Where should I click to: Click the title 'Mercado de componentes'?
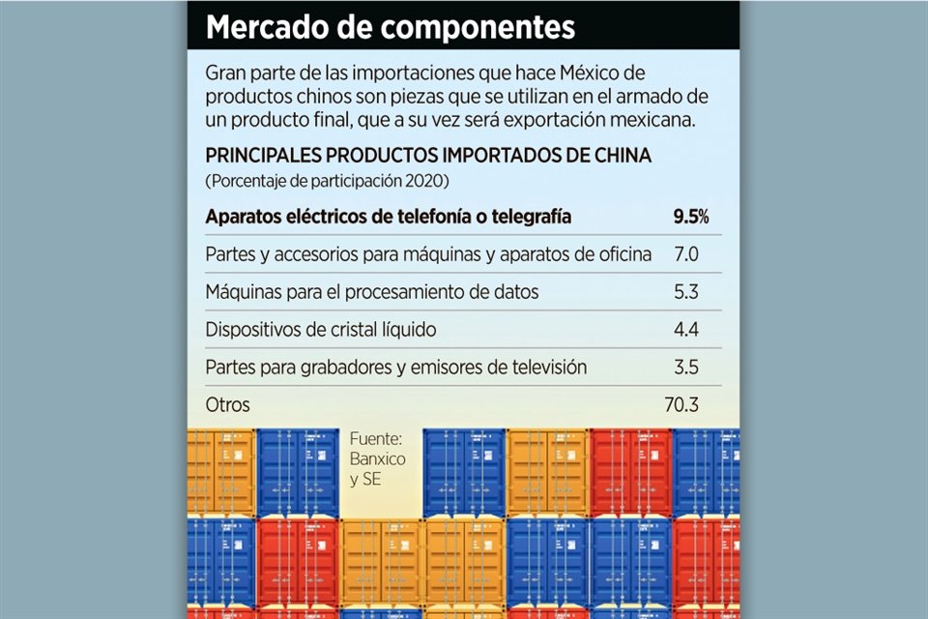pos(391,26)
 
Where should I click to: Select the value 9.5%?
pos(690,217)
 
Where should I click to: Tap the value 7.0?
pos(686,254)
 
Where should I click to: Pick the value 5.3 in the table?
pos(686,292)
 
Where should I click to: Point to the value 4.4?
pos(686,330)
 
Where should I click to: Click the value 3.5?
pos(686,368)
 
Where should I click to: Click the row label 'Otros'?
pos(227,405)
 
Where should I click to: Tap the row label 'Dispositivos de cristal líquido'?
pos(321,330)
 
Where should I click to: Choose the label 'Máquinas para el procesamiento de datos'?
pos(372,292)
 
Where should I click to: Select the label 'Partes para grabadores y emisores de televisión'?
pos(396,368)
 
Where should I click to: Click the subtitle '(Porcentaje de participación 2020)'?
pos(328,181)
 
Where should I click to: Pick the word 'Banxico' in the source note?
pos(377,458)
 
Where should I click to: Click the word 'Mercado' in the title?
pos(273,26)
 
